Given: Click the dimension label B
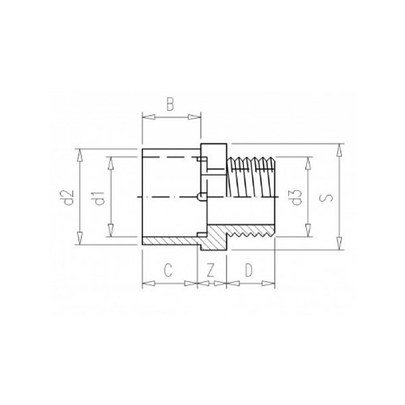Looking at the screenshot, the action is (170, 105).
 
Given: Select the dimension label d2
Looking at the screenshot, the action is (69, 198).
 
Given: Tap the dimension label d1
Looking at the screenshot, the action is (100, 198).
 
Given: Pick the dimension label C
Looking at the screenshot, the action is (168, 271).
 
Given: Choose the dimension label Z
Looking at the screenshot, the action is (211, 271).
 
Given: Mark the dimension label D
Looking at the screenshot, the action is (249, 271).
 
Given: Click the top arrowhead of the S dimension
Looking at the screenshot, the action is (339, 150).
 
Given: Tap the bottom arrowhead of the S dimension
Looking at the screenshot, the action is (339, 244).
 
